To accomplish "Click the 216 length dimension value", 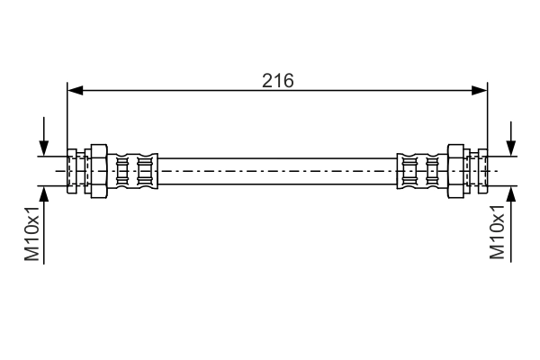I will click(x=278, y=80).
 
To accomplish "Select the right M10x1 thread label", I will click(x=499, y=231).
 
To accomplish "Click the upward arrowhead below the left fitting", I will click(x=43, y=193).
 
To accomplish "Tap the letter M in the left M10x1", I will click(x=33, y=254).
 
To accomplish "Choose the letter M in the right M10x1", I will click(x=499, y=254).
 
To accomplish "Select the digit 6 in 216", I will click(x=289, y=80).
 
